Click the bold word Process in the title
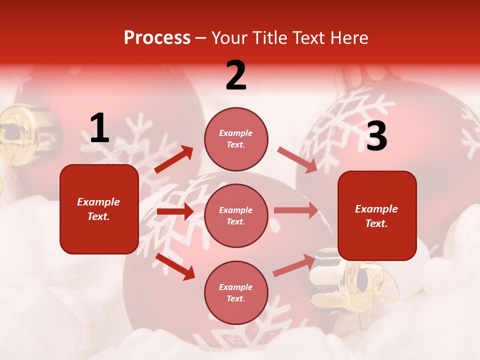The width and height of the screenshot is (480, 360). (157, 38)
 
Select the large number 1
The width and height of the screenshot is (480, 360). (99, 128)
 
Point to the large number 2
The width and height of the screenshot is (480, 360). (236, 75)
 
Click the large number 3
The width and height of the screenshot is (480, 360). (376, 136)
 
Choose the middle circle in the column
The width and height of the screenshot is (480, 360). (236, 215)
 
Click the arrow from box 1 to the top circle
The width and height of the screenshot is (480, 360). (173, 159)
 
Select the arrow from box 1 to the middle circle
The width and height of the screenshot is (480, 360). (175, 211)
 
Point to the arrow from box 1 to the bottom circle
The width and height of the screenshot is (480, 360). (175, 266)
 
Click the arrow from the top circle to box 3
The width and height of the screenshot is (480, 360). (297, 160)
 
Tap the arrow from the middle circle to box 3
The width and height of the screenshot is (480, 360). (295, 210)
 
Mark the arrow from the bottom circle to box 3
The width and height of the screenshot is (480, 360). (294, 265)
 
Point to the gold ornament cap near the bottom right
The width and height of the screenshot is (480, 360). (345, 280)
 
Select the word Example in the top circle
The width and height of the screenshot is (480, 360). (236, 133)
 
